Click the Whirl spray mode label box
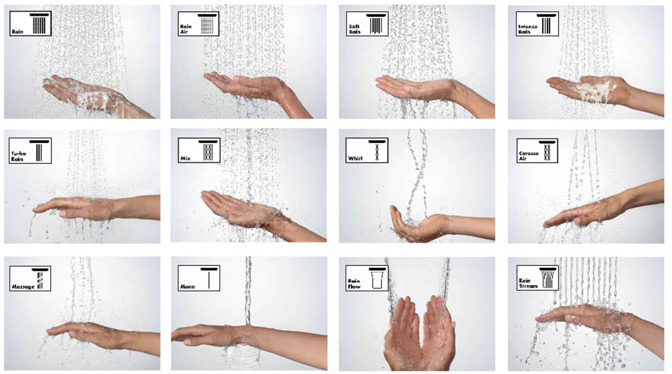coord(366,150)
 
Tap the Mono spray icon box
coord(198,278)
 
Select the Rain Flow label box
coord(366,278)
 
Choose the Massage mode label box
coord(30,278)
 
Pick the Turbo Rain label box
coord(30,150)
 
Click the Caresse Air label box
coord(537,150)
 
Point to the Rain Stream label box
coord(537,278)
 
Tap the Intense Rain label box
coord(537,24)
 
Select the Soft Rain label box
coord(367,24)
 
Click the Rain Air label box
coord(198,24)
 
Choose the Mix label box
coord(199,150)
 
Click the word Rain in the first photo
coord(17,31)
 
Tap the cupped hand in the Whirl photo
coord(420,224)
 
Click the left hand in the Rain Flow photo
coord(402,335)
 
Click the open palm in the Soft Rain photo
coord(415,87)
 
